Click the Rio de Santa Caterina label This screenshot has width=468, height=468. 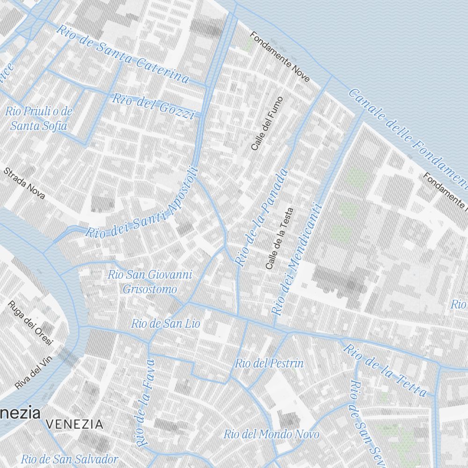123,54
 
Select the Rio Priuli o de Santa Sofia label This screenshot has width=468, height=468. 39,118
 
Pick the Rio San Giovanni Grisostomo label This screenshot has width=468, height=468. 150,282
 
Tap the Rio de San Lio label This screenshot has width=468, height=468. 165,323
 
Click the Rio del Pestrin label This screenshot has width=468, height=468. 269,363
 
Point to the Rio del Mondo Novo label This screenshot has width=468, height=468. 271,434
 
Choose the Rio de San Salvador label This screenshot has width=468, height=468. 69,458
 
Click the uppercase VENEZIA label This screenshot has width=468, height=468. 75,424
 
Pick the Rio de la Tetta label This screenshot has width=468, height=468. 385,370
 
